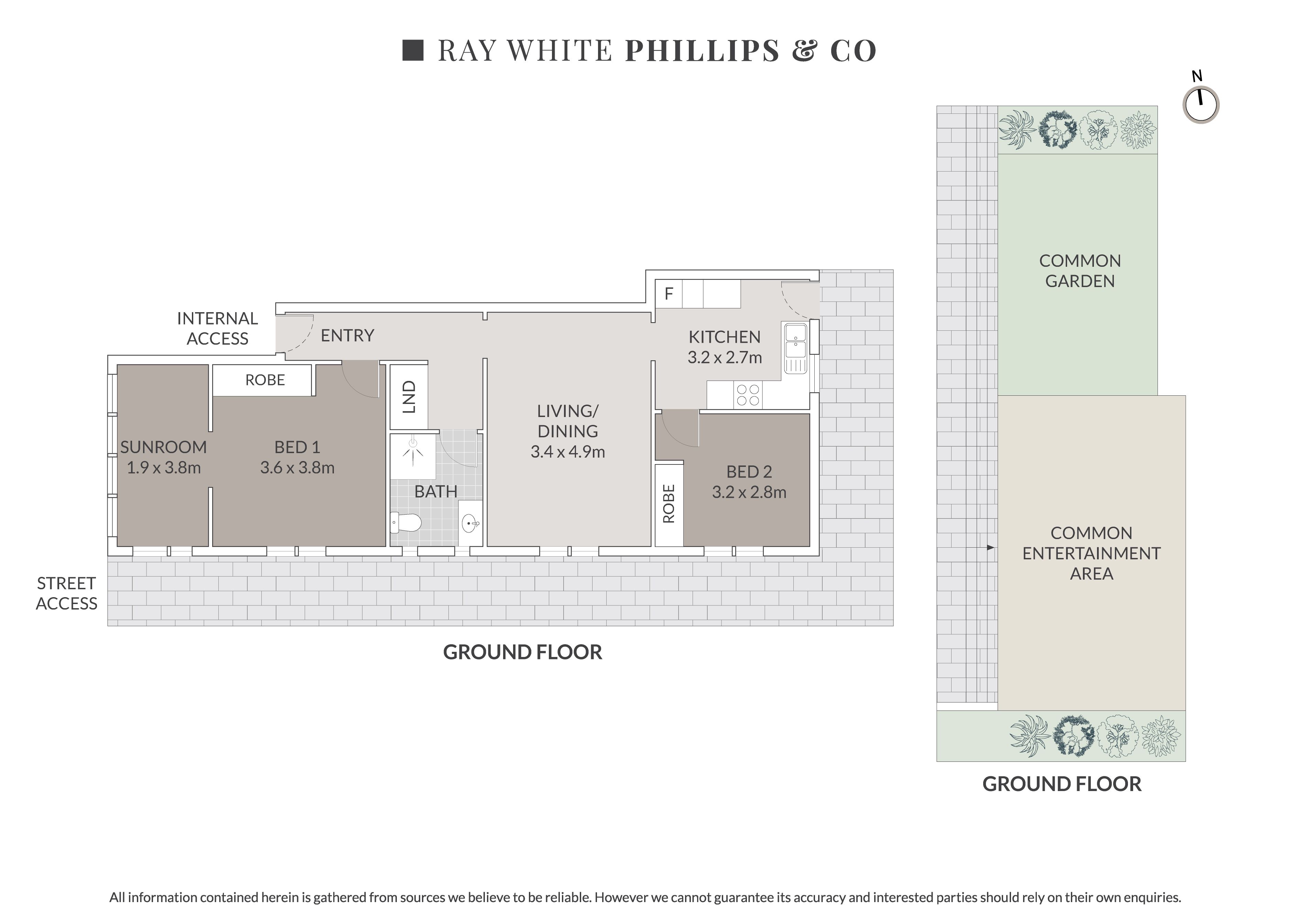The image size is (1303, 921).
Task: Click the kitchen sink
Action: (796, 348)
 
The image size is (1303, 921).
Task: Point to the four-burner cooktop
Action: (747, 395)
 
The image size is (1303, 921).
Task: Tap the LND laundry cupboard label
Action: (409, 397)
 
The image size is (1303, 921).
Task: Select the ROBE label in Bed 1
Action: (265, 380)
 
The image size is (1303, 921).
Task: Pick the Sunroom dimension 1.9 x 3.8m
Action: (163, 468)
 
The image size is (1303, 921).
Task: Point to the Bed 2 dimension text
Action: (749, 492)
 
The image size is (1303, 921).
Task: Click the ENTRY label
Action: (347, 336)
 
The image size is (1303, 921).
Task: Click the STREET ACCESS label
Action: (66, 593)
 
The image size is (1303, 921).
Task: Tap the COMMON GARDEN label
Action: (1080, 271)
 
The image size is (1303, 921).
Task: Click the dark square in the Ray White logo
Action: (413, 50)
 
